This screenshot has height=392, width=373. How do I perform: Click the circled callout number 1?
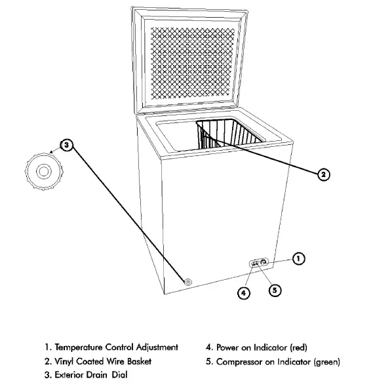[x=298, y=259]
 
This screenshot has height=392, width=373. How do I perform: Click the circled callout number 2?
[x=323, y=174]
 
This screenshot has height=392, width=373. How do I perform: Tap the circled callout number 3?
[x=67, y=146]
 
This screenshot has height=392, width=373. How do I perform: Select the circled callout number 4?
[x=243, y=294]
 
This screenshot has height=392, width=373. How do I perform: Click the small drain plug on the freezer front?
[x=188, y=282]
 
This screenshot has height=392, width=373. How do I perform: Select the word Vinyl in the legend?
[x=66, y=361]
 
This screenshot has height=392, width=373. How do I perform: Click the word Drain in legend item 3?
[x=96, y=375]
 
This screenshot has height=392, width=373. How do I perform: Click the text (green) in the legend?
[x=326, y=361]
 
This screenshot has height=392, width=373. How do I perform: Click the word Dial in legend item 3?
[x=119, y=375]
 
